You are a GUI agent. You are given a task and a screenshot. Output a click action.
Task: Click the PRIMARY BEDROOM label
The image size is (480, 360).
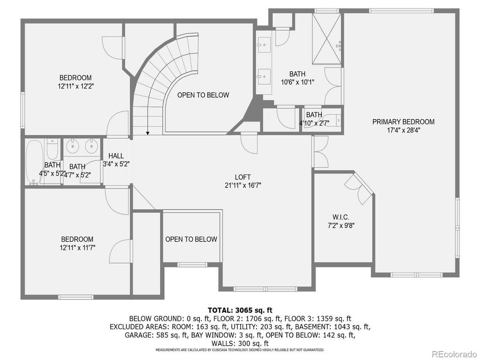tap(403, 122)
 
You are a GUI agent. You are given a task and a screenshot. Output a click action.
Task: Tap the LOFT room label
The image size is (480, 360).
tap(243, 177)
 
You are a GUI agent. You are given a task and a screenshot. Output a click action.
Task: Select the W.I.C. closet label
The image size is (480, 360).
tap(341, 217)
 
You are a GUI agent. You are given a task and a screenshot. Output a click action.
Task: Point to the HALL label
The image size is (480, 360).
tap(116, 156)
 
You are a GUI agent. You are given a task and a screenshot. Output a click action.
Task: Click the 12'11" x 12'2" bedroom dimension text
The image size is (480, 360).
tap(76, 86)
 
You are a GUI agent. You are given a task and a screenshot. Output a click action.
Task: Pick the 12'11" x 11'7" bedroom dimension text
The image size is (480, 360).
tap(77, 248)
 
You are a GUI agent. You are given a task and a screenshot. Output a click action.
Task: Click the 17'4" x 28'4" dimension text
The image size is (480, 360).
tap(403, 130)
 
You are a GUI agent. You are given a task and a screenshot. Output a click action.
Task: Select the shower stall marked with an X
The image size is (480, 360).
tap(326, 39)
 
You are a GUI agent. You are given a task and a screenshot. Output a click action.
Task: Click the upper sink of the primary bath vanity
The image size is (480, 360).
tap(264, 45)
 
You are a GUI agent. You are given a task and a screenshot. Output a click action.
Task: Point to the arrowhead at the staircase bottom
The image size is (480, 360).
tap(148, 133)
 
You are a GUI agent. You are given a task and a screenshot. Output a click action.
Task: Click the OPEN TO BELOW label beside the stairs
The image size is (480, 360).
tap(203, 95)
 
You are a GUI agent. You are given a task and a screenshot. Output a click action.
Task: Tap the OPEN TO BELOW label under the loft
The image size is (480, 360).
tap(191, 240)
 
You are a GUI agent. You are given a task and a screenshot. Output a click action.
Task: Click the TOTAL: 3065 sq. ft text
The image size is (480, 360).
tap(240, 310)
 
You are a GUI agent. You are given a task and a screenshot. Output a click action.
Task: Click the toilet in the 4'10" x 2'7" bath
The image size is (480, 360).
tap(337, 120)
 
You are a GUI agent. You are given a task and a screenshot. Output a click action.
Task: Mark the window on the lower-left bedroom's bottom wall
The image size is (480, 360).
tap(76, 296)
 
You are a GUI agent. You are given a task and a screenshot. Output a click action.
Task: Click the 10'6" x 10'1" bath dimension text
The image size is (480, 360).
tap(298, 82)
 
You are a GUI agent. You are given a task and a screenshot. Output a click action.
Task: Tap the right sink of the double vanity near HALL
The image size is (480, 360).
tap(91, 146)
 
